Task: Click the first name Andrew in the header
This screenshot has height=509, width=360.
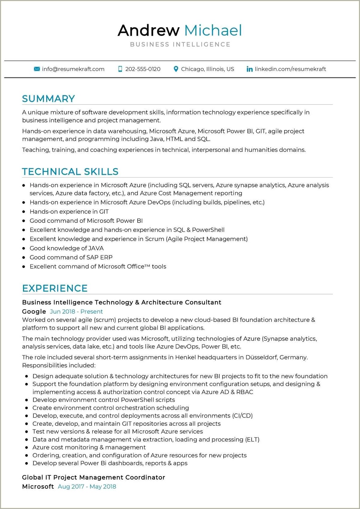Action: [x=148, y=30]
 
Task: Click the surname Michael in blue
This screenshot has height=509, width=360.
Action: [x=213, y=30]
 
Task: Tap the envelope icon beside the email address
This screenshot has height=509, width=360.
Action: [x=37, y=69]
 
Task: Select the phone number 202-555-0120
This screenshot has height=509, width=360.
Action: [x=143, y=69]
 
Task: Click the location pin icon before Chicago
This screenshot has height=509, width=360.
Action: [x=176, y=69]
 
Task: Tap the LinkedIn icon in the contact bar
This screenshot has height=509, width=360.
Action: [x=249, y=69]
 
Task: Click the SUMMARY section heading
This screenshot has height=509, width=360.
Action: [x=48, y=99]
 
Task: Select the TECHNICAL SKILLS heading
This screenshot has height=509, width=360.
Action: [x=70, y=171]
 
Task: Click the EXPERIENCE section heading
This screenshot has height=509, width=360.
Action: [x=55, y=288]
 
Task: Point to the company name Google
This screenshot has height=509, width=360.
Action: [x=34, y=312]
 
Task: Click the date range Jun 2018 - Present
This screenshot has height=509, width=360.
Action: [x=76, y=312]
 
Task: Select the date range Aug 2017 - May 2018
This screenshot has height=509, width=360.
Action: [x=87, y=487]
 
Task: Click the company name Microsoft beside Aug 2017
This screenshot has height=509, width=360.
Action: [x=38, y=487]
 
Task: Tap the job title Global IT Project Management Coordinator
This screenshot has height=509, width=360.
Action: [x=93, y=477]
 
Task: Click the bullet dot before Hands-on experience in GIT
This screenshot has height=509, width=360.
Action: [x=24, y=212]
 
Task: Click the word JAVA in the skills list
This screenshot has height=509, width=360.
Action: [x=96, y=248]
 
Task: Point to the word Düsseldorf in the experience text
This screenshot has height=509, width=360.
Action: [x=261, y=357]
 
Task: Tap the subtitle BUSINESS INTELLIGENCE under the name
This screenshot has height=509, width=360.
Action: [x=180, y=45]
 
